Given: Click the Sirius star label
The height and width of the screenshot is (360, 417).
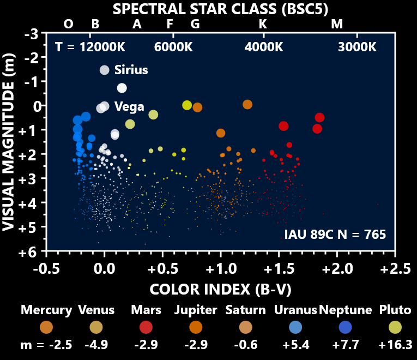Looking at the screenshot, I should (x=131, y=70).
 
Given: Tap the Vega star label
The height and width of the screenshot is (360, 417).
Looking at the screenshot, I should (x=129, y=107).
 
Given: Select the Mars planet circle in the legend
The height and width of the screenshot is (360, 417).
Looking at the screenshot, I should (x=146, y=327).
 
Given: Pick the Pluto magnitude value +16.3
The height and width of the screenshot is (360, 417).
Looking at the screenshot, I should (x=395, y=345).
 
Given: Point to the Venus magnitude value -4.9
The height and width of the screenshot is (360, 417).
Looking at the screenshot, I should (x=96, y=345).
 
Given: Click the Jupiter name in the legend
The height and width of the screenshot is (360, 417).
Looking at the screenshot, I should (x=196, y=310).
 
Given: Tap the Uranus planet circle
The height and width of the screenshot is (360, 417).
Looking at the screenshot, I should (x=295, y=327).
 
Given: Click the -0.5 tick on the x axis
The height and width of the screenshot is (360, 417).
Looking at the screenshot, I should (x=46, y=269).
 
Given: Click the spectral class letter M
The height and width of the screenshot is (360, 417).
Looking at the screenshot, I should (x=337, y=24).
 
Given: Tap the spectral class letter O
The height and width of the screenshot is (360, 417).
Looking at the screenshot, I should (x=68, y=24).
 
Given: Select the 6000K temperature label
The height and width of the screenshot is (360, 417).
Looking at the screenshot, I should (x=173, y=47).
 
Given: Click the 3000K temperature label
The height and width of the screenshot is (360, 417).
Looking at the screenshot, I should (x=357, y=47).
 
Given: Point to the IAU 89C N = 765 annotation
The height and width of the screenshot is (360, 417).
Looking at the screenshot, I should (x=335, y=235).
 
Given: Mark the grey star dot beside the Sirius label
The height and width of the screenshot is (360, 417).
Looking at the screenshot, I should (x=104, y=70).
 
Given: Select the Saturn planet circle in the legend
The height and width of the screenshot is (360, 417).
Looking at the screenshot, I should (x=245, y=327).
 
